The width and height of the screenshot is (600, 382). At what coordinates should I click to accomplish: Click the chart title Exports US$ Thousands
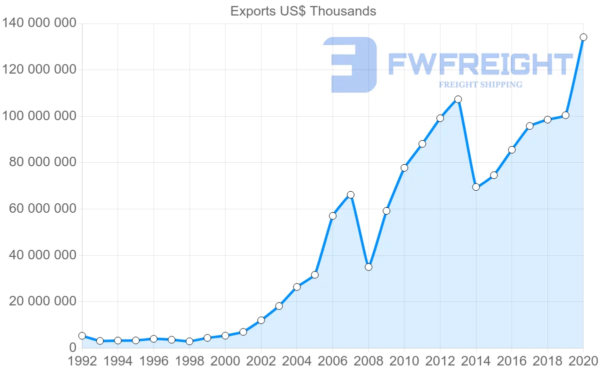(303, 11)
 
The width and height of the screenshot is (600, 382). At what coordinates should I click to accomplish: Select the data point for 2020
(583, 37)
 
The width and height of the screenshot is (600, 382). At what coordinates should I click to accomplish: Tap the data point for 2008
(368, 267)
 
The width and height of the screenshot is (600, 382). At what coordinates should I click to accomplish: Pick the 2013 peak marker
(458, 99)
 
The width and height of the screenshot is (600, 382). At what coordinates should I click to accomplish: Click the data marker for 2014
(476, 187)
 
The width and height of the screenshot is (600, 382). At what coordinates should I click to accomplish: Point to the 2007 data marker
(350, 195)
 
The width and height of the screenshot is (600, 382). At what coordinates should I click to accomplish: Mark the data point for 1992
(82, 336)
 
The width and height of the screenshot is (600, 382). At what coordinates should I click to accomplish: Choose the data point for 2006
(332, 216)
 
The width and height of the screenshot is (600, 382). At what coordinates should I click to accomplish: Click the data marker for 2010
(404, 168)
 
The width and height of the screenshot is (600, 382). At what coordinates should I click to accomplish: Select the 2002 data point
(261, 320)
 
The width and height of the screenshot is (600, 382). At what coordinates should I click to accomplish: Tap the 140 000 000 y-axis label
(40, 24)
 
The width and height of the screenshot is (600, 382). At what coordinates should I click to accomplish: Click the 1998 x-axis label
(189, 361)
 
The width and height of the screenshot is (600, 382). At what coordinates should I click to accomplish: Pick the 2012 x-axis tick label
(440, 361)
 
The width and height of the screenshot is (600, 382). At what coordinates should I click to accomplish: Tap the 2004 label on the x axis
(297, 361)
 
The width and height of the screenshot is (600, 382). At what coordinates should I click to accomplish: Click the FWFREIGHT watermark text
(480, 65)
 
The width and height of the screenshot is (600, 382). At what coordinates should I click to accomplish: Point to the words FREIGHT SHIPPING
(480, 85)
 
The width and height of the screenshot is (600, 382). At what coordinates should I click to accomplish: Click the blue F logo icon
(350, 65)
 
